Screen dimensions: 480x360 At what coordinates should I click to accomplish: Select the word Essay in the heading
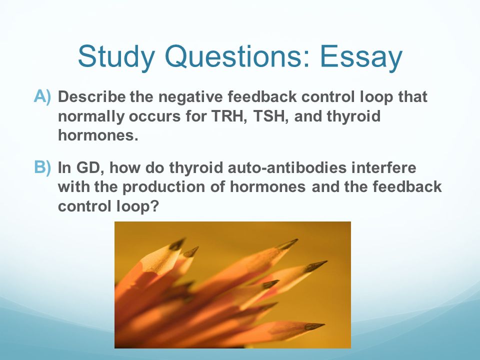[x=361, y=57]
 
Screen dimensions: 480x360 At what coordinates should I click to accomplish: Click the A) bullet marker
[x=42, y=96]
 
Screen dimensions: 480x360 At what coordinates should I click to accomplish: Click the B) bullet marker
[x=42, y=168]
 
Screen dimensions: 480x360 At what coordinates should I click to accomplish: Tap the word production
[x=164, y=187]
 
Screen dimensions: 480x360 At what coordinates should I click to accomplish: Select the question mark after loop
[x=155, y=206]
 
